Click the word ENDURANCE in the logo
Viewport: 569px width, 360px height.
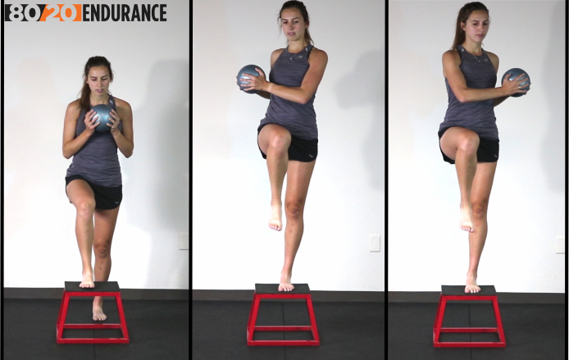(x=125, y=13)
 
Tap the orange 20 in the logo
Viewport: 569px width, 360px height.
(x=60, y=13)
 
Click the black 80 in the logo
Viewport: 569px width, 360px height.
(x=22, y=13)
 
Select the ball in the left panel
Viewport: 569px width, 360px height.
(x=102, y=117)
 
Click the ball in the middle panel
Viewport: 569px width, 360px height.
(x=251, y=79)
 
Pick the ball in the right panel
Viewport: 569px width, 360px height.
(x=516, y=82)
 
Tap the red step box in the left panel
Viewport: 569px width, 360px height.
(x=93, y=312)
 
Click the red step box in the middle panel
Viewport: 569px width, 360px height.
(x=283, y=314)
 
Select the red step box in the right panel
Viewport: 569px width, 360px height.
(x=469, y=316)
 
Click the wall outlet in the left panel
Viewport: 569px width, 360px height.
(x=184, y=241)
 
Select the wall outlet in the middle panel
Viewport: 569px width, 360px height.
(x=375, y=244)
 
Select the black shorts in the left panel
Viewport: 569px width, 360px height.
(x=95, y=193)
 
